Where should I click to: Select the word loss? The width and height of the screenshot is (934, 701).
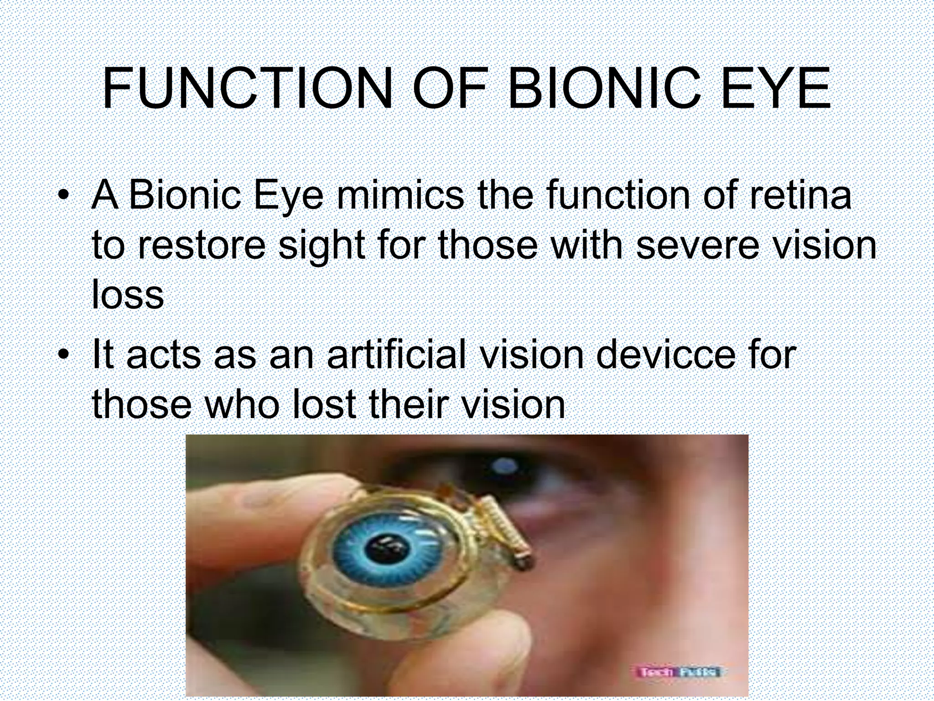coord(128,295)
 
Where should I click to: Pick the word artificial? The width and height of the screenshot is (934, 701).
coord(396,355)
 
